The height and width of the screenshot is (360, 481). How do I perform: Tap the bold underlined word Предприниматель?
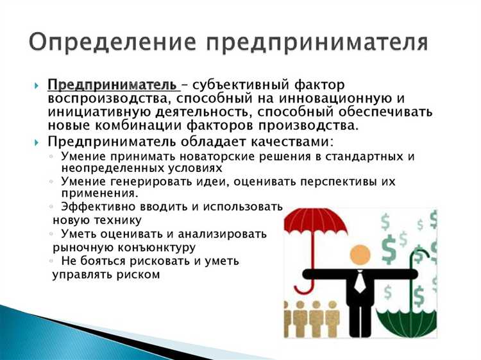pos(112,85)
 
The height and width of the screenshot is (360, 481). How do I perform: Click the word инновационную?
pos(346,98)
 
